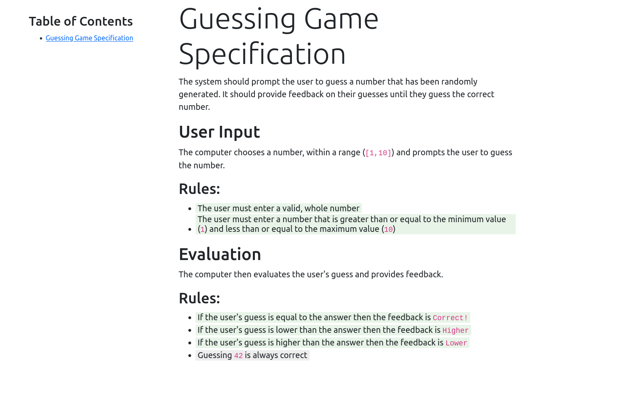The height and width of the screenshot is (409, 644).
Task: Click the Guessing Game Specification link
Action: [x=89, y=38]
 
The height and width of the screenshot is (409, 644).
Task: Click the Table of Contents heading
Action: [x=81, y=21]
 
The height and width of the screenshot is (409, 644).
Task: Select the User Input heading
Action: [x=219, y=132]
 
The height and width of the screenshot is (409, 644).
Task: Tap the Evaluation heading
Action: [x=220, y=255]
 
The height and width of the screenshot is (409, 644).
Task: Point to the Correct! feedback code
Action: [x=450, y=318]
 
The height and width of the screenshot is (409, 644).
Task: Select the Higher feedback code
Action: [x=455, y=331]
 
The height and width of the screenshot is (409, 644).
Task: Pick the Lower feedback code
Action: [x=456, y=343]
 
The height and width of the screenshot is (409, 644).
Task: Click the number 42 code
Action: [x=238, y=356]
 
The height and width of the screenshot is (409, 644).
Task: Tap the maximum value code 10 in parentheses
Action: [x=388, y=230]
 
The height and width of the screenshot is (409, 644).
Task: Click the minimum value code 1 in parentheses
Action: [x=202, y=230]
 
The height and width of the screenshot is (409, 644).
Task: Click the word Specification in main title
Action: [x=262, y=54]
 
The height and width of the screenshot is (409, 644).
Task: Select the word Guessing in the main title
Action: [x=238, y=19]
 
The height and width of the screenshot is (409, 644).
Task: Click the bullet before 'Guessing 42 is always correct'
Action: [x=190, y=356]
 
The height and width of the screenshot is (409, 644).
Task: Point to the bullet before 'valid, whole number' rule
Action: [x=190, y=209]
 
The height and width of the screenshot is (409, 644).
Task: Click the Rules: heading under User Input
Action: [x=199, y=189]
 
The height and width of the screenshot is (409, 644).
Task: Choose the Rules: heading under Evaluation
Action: [x=199, y=298]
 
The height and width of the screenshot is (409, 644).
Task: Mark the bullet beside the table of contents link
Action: [x=41, y=39]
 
